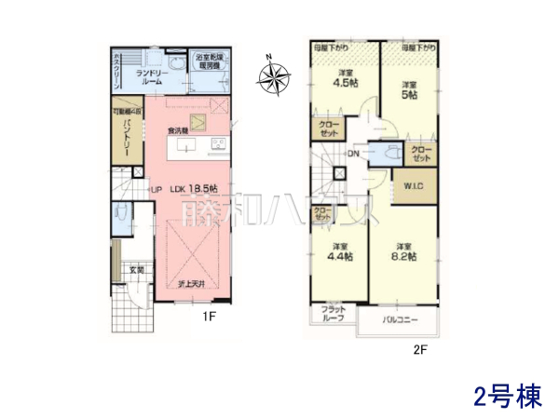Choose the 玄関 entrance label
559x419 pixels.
[136, 270]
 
